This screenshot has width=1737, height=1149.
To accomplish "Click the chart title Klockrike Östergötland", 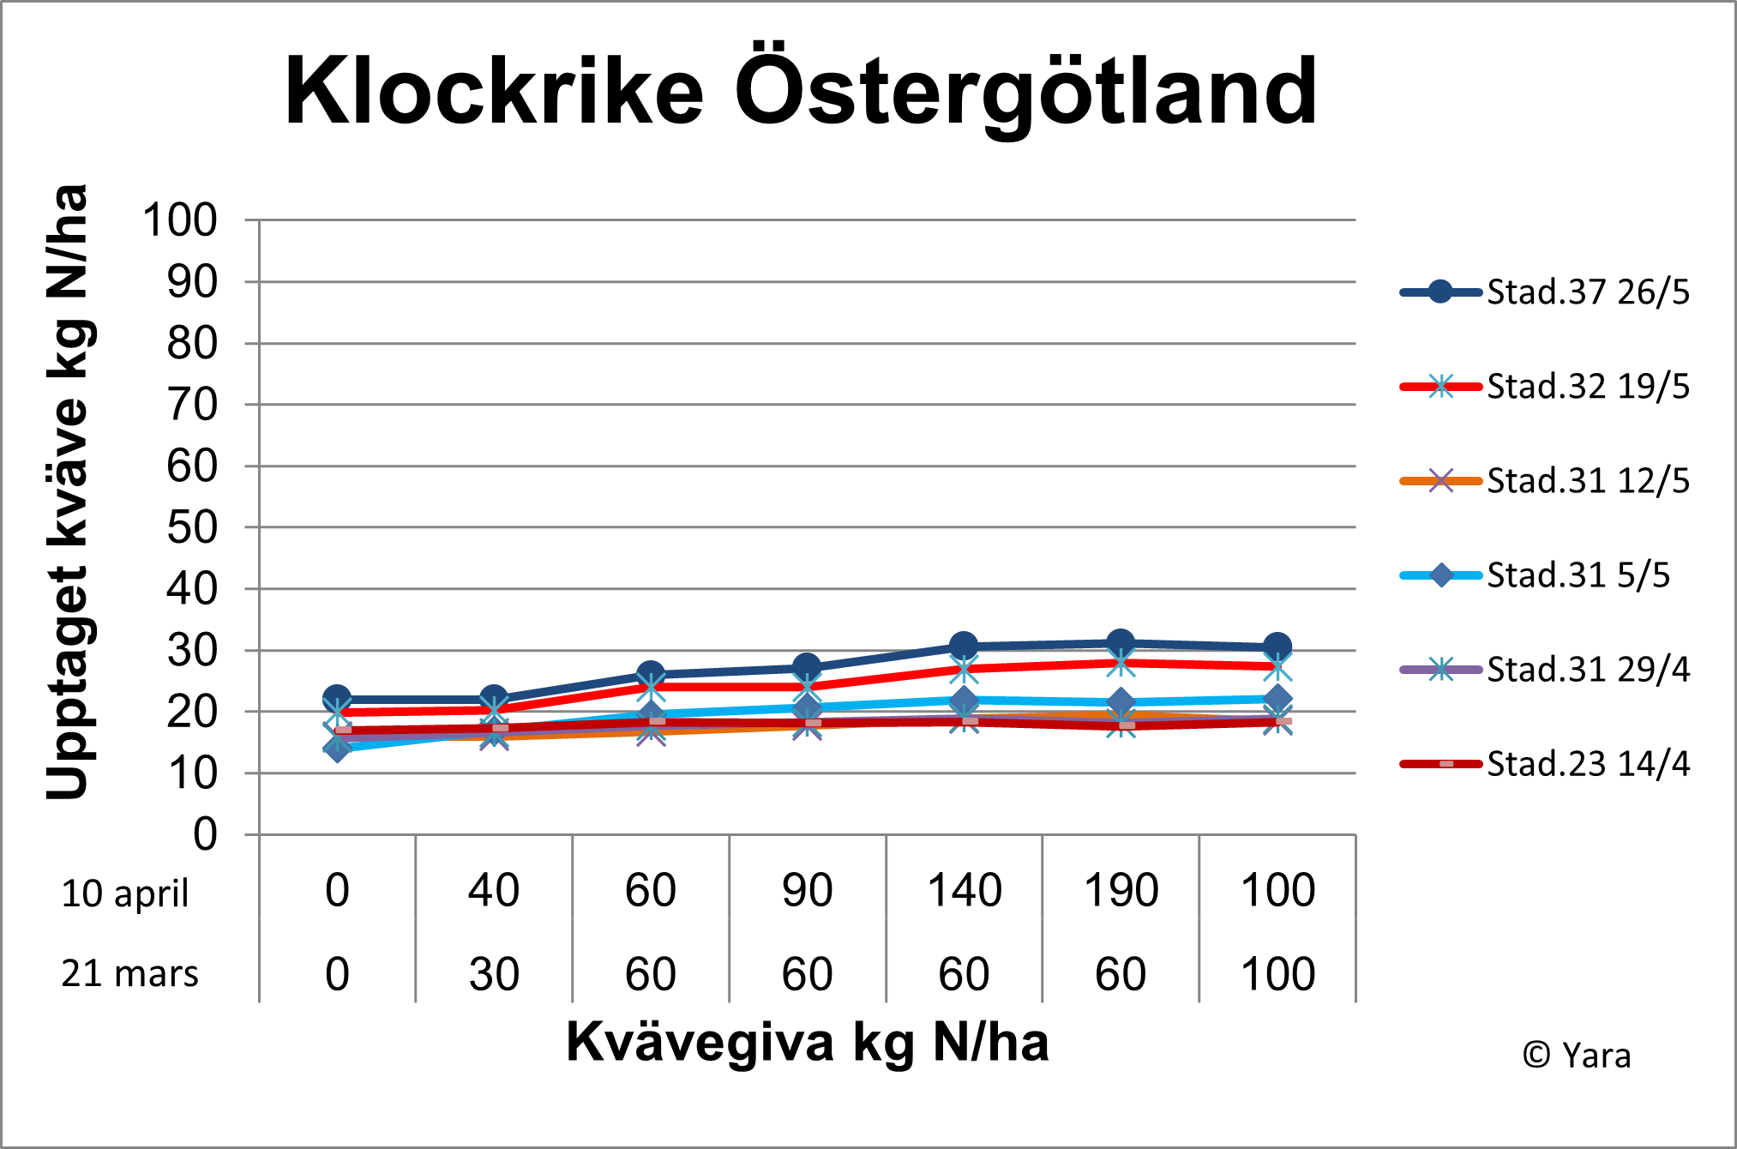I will (x=800, y=91).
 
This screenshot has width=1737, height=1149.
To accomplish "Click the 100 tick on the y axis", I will (x=180, y=220).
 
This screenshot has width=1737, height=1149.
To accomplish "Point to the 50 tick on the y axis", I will (x=192, y=528).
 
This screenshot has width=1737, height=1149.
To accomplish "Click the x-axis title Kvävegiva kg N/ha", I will (x=807, y=1043).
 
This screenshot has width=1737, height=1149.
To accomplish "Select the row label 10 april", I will (x=125, y=893).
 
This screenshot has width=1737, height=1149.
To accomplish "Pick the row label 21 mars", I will (x=129, y=974).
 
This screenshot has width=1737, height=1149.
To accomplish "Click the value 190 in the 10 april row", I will (x=1121, y=890).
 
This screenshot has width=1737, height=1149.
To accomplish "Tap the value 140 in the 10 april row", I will (x=965, y=890).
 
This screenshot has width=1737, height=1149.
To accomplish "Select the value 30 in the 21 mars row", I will (x=494, y=974).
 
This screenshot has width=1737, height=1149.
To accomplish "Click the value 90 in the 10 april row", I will (x=807, y=890).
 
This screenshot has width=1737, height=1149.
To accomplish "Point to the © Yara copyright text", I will (x=1576, y=1056).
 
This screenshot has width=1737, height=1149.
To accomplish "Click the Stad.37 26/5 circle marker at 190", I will (x=1121, y=642).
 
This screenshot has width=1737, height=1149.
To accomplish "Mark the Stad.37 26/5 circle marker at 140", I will (x=965, y=646).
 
